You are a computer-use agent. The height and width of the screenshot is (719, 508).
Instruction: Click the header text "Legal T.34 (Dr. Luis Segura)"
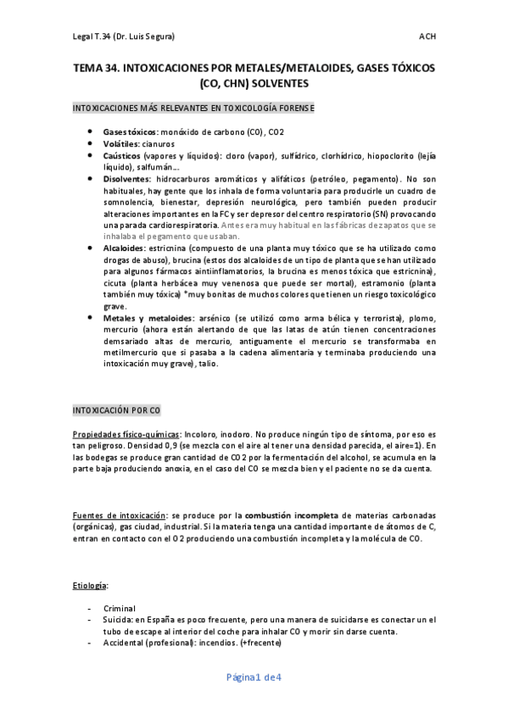(123, 36)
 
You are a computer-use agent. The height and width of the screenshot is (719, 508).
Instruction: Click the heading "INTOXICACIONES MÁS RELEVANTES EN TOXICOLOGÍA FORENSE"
(193, 109)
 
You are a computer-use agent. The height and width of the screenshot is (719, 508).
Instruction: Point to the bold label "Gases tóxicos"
(130, 133)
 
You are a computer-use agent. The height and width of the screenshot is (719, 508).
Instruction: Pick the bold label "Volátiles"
(122, 145)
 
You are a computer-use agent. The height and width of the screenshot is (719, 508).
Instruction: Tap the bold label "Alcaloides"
(125, 247)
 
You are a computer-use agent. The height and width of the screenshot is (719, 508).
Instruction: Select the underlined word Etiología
(90, 585)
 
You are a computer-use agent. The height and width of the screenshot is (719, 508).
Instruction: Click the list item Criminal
(119, 608)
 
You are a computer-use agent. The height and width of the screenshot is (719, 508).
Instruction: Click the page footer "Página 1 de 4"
(253, 677)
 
